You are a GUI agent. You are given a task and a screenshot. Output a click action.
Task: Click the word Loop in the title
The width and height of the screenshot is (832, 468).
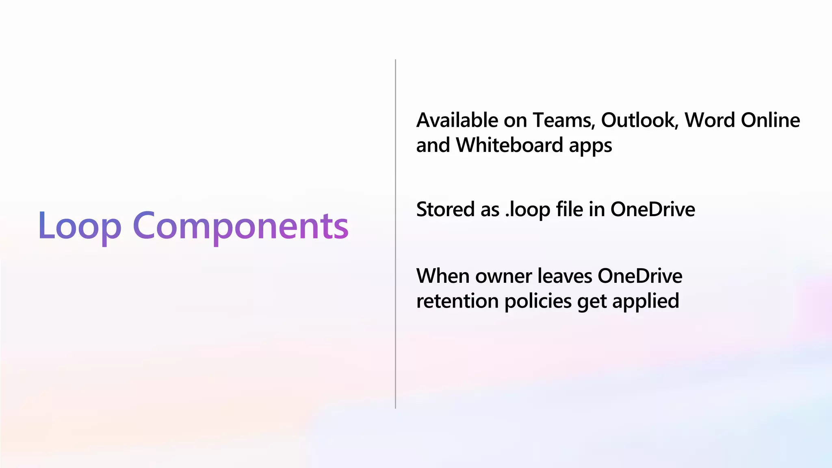click(x=80, y=226)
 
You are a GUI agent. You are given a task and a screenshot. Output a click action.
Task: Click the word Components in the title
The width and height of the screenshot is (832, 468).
click(x=240, y=226)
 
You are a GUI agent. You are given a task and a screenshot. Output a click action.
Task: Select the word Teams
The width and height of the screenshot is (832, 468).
click(x=564, y=120)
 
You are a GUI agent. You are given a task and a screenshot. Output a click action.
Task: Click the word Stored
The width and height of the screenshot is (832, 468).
click(x=445, y=210)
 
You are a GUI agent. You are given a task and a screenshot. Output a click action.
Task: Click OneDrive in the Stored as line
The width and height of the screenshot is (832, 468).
click(x=652, y=210)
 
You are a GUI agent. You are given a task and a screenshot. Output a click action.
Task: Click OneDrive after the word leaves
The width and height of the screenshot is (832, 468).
click(x=640, y=276)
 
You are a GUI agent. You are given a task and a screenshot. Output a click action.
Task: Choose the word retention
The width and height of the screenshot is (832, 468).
click(x=457, y=301)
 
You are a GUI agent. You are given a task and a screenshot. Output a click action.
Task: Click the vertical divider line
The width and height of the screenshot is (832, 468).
click(x=395, y=234)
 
